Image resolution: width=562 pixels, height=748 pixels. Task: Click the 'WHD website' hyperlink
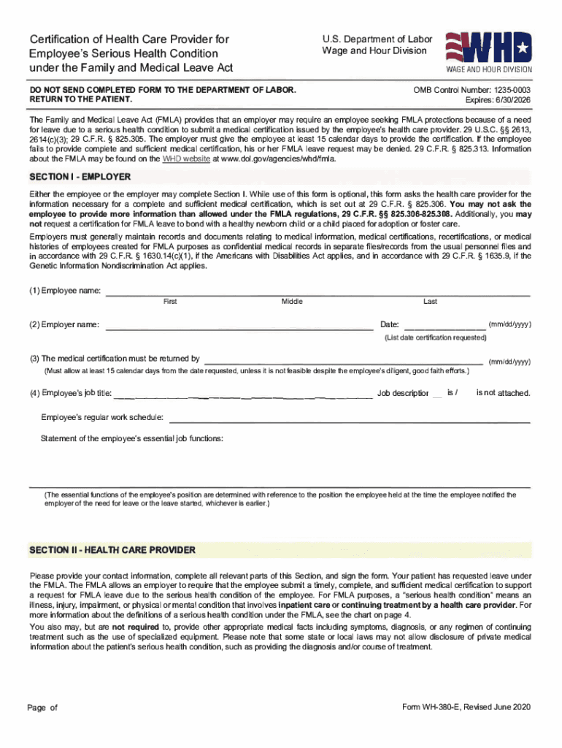186,158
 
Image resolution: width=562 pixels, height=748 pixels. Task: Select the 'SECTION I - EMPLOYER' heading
80,177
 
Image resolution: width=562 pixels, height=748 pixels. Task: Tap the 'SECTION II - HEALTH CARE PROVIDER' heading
112,549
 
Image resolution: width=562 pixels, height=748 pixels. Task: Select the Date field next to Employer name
444,325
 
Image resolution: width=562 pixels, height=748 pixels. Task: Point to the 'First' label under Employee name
170,301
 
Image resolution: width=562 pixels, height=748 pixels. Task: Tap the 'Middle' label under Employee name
292,301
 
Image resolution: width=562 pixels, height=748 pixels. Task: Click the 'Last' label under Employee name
430,301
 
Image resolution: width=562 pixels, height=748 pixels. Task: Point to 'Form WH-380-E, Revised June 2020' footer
466,708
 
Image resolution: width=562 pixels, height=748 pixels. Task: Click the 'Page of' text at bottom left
42,708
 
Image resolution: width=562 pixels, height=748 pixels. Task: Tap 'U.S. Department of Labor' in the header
377,39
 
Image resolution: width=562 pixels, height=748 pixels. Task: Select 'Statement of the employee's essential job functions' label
132,439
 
